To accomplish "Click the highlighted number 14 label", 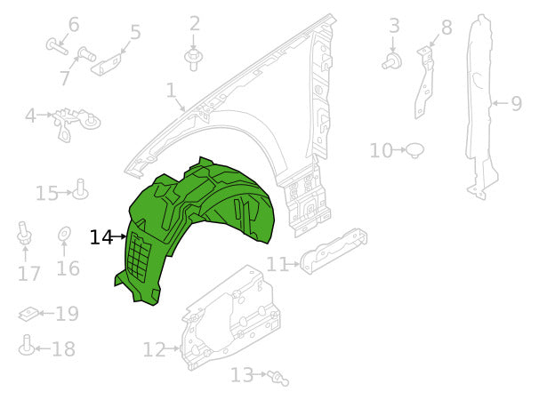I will [x=101, y=237].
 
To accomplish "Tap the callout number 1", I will [x=170, y=91].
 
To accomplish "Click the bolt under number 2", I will [x=193, y=59].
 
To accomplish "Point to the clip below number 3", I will [x=390, y=60].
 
